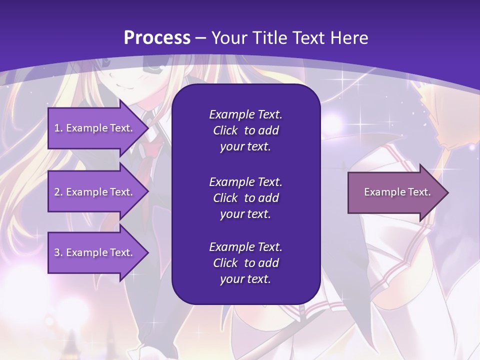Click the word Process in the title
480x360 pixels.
tap(157, 38)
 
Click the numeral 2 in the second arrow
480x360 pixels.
tap(57, 192)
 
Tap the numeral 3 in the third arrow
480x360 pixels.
tap(57, 252)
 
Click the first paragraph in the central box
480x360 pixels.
tap(245, 130)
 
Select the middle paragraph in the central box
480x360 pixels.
tap(245, 197)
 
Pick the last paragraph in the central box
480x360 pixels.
tap(245, 263)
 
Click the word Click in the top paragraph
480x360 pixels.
tap(225, 130)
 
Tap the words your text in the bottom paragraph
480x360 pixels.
tap(245, 279)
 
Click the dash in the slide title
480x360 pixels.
tap(201, 38)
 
